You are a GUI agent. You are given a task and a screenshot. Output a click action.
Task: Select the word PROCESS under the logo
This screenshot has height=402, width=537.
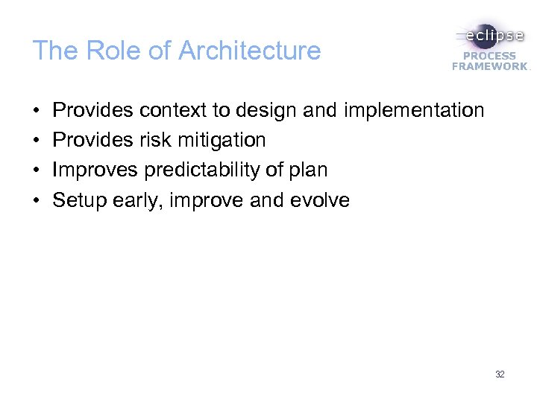(x=489, y=56)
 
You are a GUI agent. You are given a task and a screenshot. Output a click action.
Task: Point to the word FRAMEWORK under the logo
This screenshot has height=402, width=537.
(x=489, y=66)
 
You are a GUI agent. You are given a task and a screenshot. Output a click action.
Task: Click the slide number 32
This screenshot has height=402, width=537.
(x=500, y=374)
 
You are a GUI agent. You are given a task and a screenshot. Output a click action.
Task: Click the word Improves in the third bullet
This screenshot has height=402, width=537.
(x=95, y=170)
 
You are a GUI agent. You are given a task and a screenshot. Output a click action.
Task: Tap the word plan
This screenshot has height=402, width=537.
(x=309, y=170)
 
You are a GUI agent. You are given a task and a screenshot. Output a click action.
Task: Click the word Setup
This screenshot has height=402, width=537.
(x=81, y=200)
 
